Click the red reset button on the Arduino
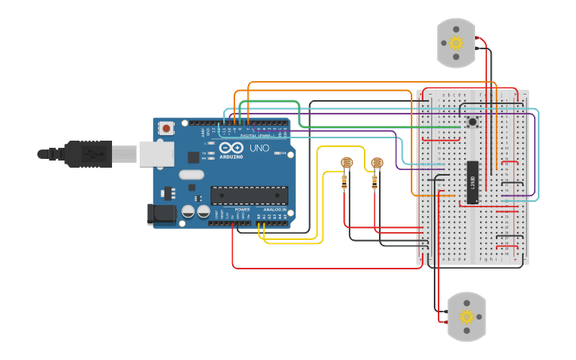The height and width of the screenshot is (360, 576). (166, 127)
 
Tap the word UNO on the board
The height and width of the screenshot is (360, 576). (260, 149)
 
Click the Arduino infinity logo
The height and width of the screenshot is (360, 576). (231, 149)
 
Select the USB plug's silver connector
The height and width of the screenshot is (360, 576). (156, 153)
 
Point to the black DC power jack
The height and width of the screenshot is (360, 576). (161, 214)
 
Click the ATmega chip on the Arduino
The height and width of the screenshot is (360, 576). (249, 195)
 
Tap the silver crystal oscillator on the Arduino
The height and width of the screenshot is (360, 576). (191, 174)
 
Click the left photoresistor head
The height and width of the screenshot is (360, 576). (346, 163)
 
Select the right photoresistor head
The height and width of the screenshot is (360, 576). (377, 163)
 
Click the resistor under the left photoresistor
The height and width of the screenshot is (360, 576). (344, 183)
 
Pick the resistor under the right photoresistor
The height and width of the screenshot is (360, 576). (375, 183)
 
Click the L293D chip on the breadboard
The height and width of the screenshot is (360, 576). (472, 183)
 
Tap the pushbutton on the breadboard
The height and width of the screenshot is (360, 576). (472, 122)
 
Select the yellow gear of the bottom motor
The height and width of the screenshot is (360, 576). (466, 316)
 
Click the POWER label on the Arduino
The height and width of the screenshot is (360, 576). (242, 209)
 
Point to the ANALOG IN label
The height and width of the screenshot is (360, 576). (273, 209)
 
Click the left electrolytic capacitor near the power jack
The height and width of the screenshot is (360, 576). (188, 211)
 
